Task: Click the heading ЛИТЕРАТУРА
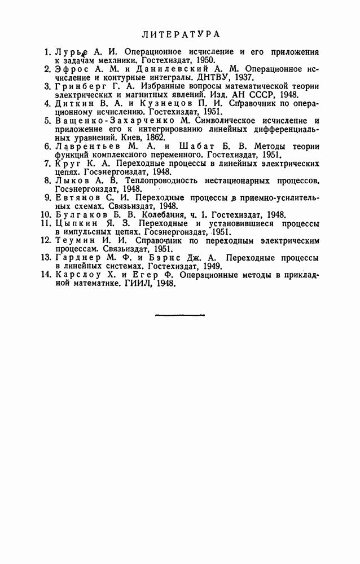pos(181,34)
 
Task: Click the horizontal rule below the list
pos(180,315)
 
